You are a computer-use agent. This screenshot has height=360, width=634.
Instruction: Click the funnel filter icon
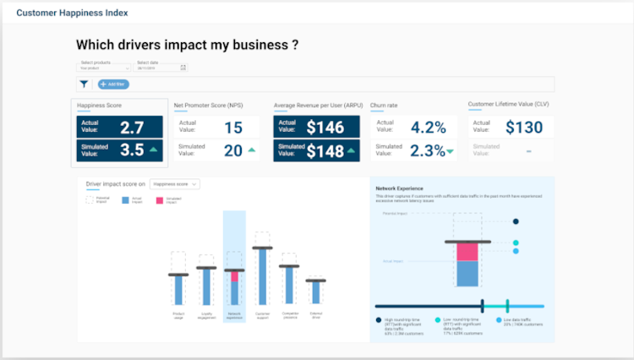(x=85, y=84)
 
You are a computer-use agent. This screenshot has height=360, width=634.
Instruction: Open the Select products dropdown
(x=104, y=68)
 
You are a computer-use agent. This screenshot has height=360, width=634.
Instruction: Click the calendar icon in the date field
(x=183, y=68)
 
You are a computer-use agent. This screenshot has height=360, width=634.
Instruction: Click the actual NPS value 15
(x=233, y=128)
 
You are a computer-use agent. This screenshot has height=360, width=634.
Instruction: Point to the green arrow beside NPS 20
(x=251, y=150)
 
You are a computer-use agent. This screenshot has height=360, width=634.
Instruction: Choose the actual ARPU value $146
(x=325, y=128)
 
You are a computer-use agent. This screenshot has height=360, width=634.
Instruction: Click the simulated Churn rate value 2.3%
(x=428, y=150)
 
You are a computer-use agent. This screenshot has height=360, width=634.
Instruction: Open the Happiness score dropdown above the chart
(x=176, y=183)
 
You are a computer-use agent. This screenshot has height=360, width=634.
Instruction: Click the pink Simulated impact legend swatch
(x=158, y=200)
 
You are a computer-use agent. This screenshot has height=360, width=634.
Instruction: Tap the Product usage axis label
(x=178, y=314)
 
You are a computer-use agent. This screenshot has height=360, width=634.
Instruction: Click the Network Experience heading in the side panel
(x=399, y=188)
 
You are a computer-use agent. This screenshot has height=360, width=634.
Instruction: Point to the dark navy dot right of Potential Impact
(x=516, y=221)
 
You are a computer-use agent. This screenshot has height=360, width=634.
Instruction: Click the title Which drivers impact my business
(x=187, y=45)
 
